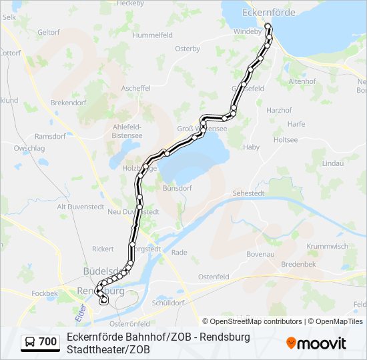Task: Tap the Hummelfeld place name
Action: click(153, 35)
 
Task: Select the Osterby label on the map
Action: click(188, 49)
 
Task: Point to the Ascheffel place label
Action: click(135, 88)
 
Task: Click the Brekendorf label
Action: click(68, 103)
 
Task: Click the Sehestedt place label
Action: click(248, 193)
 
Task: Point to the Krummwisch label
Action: click(327, 246)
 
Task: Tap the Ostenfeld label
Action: click(214, 277)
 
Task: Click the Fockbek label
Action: click(45, 293)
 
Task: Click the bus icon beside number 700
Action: click(31, 343)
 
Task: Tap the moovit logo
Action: click(316, 343)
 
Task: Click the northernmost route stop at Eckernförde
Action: click(268, 27)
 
